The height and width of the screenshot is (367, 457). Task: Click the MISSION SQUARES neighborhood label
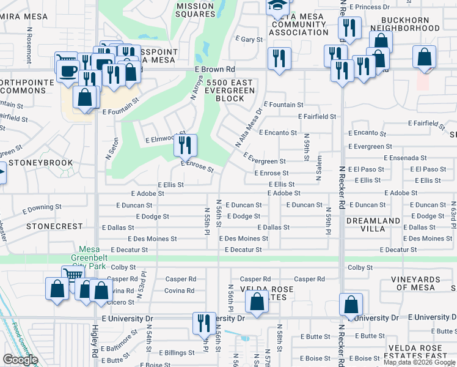195,10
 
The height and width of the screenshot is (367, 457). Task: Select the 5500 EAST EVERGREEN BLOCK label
230,90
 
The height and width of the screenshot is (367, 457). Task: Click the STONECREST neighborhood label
54,226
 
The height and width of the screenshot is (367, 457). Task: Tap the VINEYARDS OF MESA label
423,284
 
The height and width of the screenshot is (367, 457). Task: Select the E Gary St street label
249,39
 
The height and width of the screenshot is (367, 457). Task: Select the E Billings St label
177,353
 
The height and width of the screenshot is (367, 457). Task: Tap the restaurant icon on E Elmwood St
186,146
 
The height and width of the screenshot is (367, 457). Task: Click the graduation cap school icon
276,6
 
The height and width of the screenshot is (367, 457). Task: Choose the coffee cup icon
67,71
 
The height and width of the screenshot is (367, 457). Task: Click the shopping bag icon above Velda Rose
257,302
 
